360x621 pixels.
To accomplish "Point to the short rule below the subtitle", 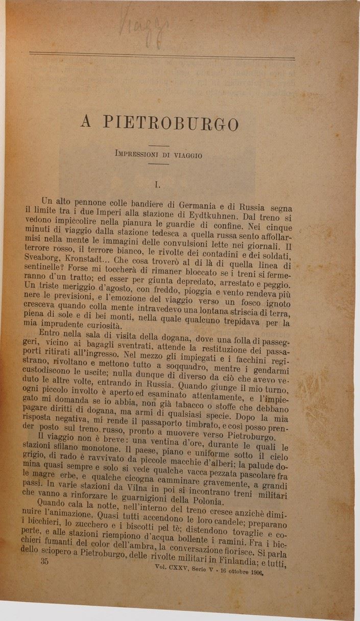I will click(158, 163).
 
